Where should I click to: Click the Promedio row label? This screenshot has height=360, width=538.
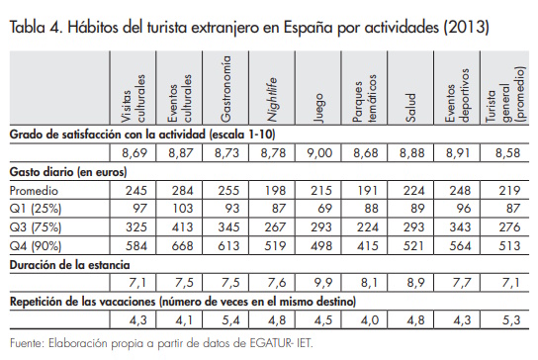pos(35,189)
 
